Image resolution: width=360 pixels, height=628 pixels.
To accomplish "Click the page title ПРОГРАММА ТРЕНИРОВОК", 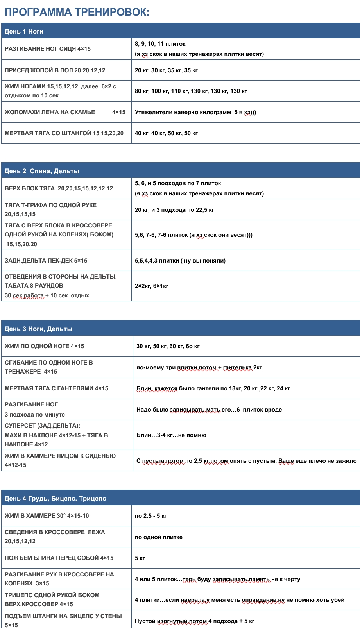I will pyautogui.click(x=77, y=12).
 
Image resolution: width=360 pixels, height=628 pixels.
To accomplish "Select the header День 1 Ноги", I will pyautogui.click(x=24, y=31).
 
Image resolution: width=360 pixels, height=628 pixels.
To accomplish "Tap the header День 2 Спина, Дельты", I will pyautogui.click(x=42, y=171).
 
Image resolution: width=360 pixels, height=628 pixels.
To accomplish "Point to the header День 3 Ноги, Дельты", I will pyautogui.click(x=39, y=329).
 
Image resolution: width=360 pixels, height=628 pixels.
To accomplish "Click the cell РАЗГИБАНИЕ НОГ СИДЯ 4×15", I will pyautogui.click(x=48, y=49).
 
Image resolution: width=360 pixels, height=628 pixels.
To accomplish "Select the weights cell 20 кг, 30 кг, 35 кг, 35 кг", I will pyautogui.click(x=166, y=70).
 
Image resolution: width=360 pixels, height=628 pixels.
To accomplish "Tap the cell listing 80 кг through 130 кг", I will pyautogui.click(x=191, y=91).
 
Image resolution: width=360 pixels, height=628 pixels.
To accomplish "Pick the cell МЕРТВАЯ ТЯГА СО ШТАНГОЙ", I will pyautogui.click(x=64, y=133).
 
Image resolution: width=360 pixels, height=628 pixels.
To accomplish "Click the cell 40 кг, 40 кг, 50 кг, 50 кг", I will pyautogui.click(x=166, y=133).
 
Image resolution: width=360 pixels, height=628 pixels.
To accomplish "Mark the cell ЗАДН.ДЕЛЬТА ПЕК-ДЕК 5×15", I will pyautogui.click(x=46, y=261).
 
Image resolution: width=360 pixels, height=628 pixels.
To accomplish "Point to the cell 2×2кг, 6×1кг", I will pyautogui.click(x=152, y=286).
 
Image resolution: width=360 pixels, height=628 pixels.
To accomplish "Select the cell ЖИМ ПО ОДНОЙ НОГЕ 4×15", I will pyautogui.click(x=45, y=346).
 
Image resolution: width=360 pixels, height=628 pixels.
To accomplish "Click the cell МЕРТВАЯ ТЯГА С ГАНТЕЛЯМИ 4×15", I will pyautogui.click(x=57, y=388).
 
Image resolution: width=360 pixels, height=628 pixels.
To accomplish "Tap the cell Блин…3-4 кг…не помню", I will pyautogui.click(x=171, y=435).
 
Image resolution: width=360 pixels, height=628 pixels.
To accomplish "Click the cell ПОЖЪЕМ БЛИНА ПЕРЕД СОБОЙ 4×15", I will pyautogui.click(x=59, y=558).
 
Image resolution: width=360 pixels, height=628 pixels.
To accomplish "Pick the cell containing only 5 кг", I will pyautogui.click(x=140, y=558).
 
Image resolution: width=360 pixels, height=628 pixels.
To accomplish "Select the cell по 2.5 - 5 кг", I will pyautogui.click(x=151, y=516).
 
